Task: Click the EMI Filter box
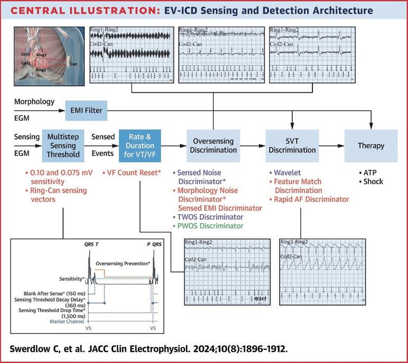pyautogui.click(x=86, y=111)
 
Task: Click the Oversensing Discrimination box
pyautogui.click(x=213, y=146)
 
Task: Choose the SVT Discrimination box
pyautogui.click(x=292, y=146)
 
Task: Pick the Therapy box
pyautogui.click(x=370, y=146)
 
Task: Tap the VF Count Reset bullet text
pyautogui.click(x=135, y=173)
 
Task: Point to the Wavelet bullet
pyautogui.click(x=288, y=173)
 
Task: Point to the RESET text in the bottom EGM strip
pyautogui.click(x=260, y=298)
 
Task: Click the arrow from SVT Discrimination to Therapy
pyautogui.click(x=331, y=146)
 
